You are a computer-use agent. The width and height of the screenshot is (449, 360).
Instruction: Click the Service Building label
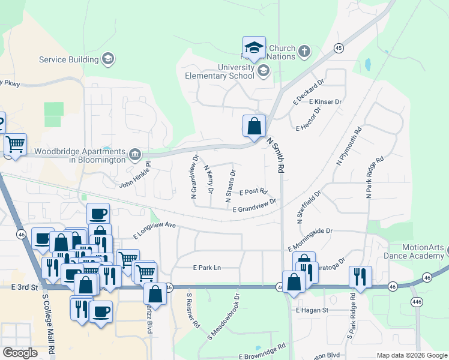[68, 59]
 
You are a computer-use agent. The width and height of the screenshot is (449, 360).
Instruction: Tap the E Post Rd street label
[253, 192]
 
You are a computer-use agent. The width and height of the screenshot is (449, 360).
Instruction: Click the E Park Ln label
[207, 268]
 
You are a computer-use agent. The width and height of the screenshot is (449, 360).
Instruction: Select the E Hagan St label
[312, 310]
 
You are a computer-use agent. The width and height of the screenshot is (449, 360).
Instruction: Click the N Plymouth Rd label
[349, 146]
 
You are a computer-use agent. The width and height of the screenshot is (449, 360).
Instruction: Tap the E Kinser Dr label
[325, 102]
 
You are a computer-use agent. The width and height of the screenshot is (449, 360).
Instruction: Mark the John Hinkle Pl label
[135, 178]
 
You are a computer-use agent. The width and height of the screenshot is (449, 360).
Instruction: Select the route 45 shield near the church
[339, 47]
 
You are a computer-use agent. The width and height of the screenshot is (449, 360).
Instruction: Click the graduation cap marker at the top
[254, 47]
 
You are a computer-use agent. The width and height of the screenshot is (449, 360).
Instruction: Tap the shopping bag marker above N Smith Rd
[254, 126]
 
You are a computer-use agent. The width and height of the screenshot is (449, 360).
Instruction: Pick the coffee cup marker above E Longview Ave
[98, 214]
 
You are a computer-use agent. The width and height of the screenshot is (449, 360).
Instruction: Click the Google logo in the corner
[20, 353]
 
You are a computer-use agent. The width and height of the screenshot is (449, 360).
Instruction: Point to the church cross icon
[304, 51]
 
